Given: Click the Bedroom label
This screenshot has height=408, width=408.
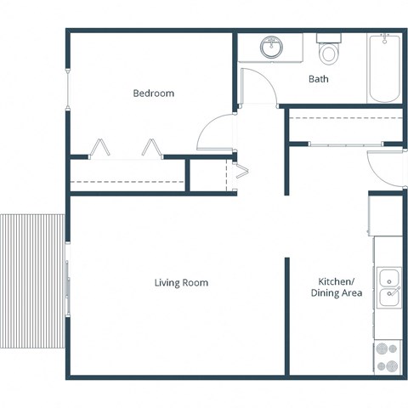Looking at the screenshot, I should click(x=153, y=93).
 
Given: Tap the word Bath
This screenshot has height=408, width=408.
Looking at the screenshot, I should click(x=318, y=79).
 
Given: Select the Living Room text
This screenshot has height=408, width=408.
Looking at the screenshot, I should click(x=181, y=282).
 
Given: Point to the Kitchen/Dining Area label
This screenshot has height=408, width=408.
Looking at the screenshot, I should click(x=340, y=287).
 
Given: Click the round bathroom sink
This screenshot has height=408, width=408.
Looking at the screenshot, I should click(x=272, y=48).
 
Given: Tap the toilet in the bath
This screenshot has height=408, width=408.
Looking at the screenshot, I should click(x=328, y=52).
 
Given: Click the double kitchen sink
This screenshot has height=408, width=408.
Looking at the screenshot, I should click(x=389, y=286).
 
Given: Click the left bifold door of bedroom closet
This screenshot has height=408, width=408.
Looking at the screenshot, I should click(x=101, y=148).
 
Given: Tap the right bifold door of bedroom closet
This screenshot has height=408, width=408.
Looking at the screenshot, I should click(x=153, y=148).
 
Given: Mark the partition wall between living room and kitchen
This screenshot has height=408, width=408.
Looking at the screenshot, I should click(x=286, y=314).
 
